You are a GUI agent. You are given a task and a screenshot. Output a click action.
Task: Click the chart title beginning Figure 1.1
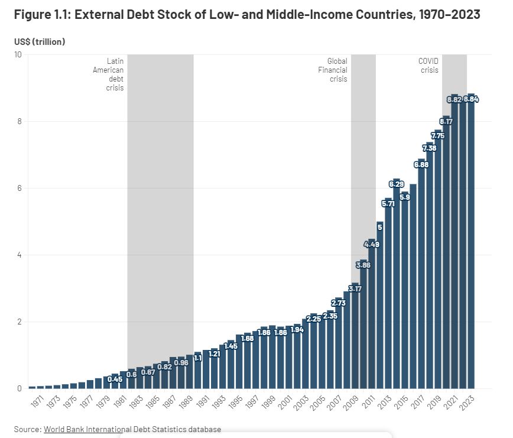[x=247, y=15]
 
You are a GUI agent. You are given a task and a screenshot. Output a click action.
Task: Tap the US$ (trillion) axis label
[x=40, y=41]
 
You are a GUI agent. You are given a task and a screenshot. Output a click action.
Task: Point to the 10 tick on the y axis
[x=18, y=55]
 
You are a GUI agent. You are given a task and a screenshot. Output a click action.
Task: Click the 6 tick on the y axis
[x=19, y=188]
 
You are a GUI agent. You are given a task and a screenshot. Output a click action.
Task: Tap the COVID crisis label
[x=429, y=66]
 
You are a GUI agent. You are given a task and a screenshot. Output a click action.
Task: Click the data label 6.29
[x=397, y=184]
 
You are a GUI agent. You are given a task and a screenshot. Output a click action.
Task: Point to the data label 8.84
[x=471, y=99]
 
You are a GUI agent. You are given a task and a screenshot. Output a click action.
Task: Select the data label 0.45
[x=115, y=379]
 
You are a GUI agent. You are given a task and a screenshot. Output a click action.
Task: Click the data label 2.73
[x=338, y=303]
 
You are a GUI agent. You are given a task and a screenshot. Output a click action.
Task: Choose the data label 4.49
[x=372, y=244]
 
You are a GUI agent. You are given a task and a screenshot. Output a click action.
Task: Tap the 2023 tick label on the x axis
[x=468, y=403]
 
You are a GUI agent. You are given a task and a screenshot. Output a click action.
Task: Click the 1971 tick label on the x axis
[x=37, y=403]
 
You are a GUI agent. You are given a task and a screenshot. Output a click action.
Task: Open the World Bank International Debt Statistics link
[x=132, y=429]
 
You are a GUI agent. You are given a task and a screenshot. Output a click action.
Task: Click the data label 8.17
[x=446, y=121]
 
